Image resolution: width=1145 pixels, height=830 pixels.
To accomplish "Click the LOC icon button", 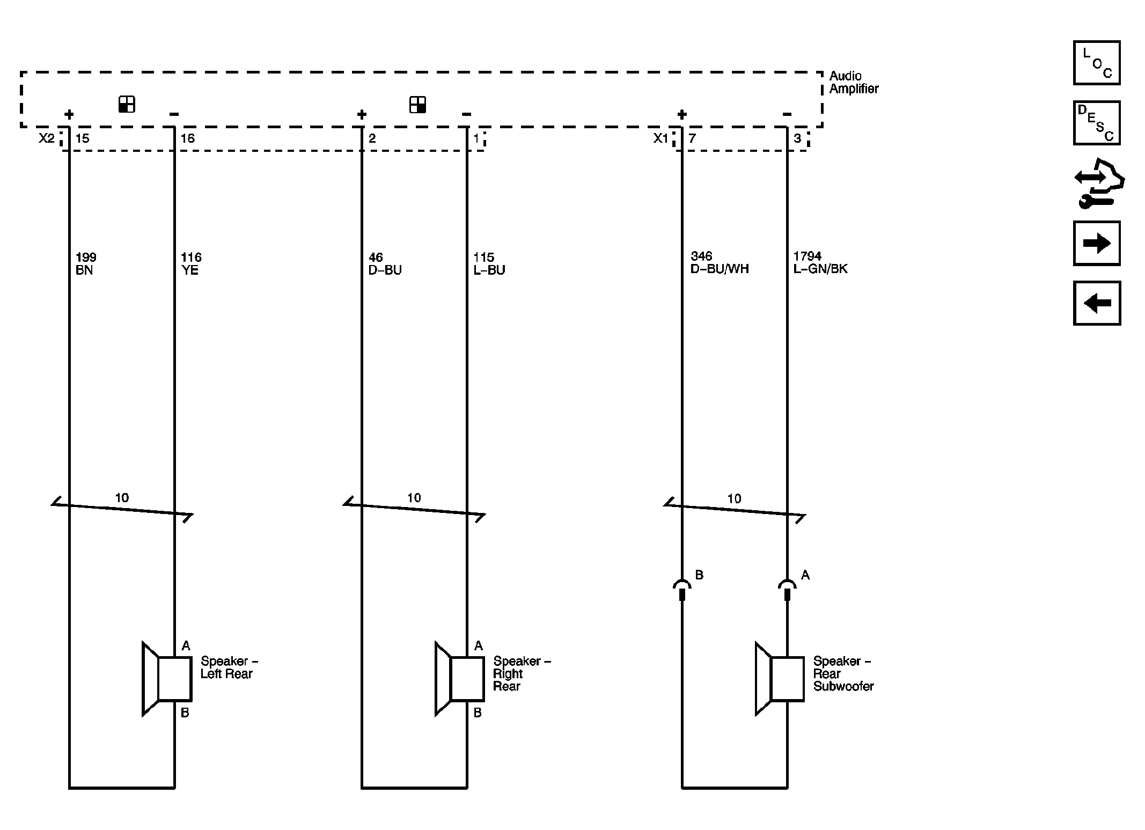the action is pyautogui.click(x=1096, y=63).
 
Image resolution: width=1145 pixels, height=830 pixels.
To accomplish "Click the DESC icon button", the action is pyautogui.click(x=1096, y=123).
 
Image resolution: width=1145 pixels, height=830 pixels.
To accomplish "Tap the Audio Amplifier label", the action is pyautogui.click(x=854, y=82).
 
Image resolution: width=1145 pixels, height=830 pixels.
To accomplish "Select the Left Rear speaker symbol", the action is pyautogui.click(x=167, y=678).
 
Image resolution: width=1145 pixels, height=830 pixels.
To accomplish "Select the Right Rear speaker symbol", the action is pyautogui.click(x=460, y=678).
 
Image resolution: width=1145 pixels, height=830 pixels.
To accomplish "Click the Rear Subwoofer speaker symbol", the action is pyautogui.click(x=780, y=678).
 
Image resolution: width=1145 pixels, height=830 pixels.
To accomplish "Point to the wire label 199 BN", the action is pyautogui.click(x=86, y=263).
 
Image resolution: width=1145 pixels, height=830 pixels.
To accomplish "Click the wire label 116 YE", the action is pyautogui.click(x=191, y=263).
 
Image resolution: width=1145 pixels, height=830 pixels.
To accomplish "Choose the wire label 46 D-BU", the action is pyautogui.click(x=385, y=263).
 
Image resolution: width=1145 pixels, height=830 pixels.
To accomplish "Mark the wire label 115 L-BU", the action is pyautogui.click(x=489, y=263).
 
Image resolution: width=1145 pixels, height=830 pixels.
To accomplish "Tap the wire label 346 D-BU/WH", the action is pyautogui.click(x=720, y=262).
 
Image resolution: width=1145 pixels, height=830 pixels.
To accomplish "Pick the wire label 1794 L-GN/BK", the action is pyautogui.click(x=820, y=262).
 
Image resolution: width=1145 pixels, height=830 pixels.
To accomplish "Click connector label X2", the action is pyautogui.click(x=47, y=138).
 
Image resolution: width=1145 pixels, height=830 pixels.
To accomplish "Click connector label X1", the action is pyautogui.click(x=661, y=138).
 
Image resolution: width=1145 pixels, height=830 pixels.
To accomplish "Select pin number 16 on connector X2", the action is pyautogui.click(x=187, y=138).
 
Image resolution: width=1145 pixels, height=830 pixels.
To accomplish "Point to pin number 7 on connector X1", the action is pyautogui.click(x=692, y=138).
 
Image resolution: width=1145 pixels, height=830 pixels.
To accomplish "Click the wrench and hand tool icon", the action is pyautogui.click(x=1099, y=183).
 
